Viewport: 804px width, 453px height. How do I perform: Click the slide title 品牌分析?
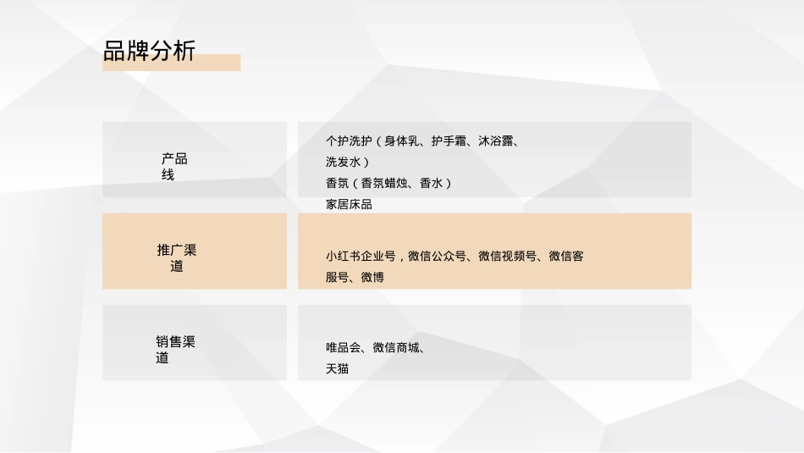(149, 50)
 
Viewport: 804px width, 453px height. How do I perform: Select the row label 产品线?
(173, 167)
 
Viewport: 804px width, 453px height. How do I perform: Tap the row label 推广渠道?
(176, 258)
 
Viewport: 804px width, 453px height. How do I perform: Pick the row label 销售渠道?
(175, 350)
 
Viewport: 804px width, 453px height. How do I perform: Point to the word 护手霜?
(449, 141)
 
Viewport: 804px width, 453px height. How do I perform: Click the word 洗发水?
(343, 162)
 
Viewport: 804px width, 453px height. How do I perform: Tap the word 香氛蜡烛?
(384, 183)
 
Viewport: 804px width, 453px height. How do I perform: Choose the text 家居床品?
(349, 204)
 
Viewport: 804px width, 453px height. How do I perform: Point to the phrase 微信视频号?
(507, 256)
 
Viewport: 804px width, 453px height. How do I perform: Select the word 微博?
(372, 277)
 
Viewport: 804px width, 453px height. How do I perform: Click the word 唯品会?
(343, 347)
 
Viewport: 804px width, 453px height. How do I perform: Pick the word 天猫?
(337, 368)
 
